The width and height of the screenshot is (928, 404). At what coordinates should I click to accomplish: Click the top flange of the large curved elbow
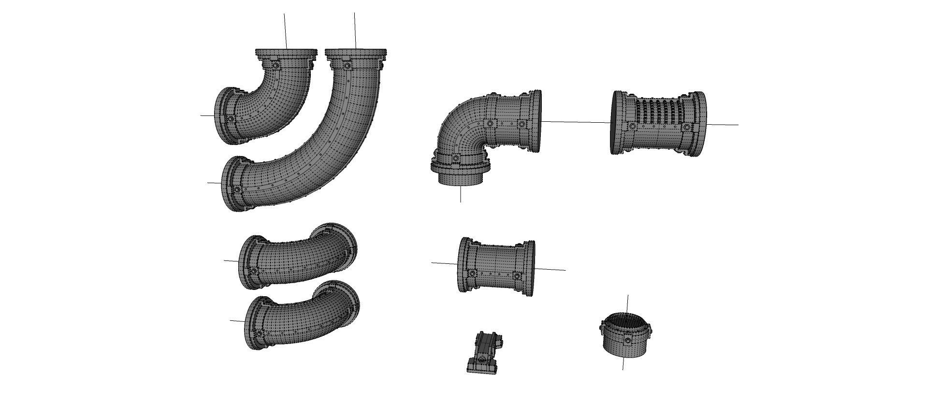[x=356, y=52]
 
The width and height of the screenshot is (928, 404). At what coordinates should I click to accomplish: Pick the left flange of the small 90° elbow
[x=223, y=115]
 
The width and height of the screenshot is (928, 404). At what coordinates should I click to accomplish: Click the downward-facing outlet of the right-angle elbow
[x=461, y=177]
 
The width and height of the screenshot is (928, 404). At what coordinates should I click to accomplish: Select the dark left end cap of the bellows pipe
[x=615, y=122]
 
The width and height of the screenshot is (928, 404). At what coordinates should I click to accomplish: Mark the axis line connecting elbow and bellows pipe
[x=575, y=122]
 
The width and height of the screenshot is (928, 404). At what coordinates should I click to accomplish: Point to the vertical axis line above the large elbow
[x=355, y=29]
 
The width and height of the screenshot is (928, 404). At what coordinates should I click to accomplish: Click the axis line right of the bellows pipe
[x=723, y=125]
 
